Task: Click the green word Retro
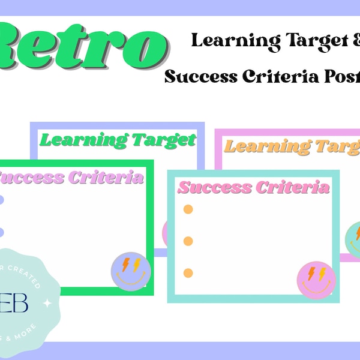84,45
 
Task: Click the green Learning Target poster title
118,141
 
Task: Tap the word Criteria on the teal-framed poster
293,187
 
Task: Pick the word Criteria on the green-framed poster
106,178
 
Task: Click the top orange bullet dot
188,209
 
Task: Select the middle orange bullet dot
188,241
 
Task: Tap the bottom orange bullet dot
188,273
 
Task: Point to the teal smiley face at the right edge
355,239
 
